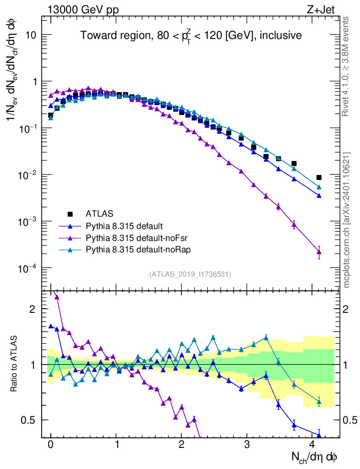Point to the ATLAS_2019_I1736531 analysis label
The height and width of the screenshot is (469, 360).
pos(190,274)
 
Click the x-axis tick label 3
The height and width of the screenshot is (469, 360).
pos(247,445)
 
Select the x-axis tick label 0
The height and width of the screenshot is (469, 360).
pos(50,445)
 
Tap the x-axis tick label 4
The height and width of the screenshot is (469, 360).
pos(312,445)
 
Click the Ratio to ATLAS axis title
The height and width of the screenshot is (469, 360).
pos(15,364)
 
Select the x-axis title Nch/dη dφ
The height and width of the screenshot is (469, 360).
pos(315,457)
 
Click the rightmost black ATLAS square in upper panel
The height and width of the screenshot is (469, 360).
pos(319,177)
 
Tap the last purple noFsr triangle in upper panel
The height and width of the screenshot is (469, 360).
pos(319,251)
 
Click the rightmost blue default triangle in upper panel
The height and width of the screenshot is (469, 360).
pos(319,196)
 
